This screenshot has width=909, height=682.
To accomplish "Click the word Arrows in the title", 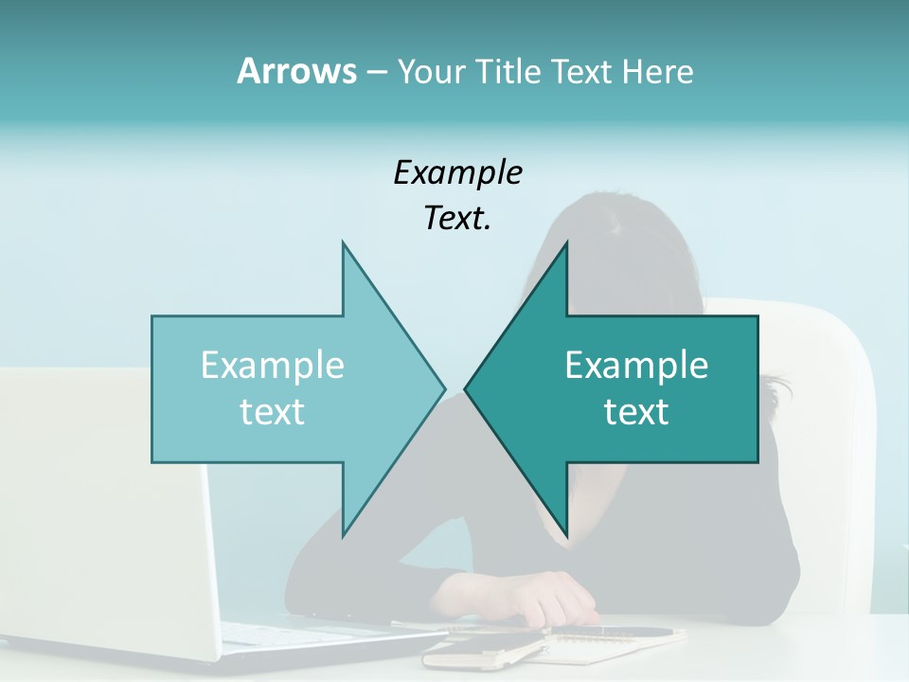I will coord(296,71).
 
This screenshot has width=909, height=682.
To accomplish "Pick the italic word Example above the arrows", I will coord(458,173).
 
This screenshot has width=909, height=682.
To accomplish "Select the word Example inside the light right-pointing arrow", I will coord(273,366).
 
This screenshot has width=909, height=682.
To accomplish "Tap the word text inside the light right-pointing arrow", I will coord(273,412).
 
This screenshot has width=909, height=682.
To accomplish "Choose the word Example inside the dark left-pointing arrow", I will coord(636,366).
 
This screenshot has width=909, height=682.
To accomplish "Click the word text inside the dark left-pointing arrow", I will coord(636,412).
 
